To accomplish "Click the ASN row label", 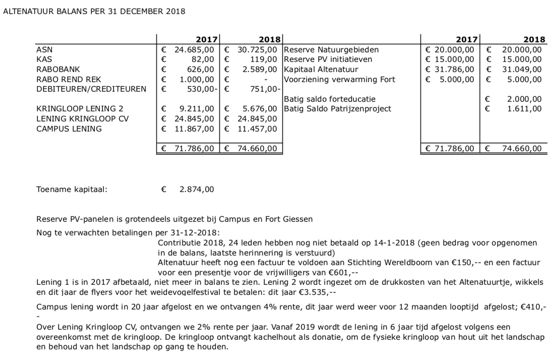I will [x=44, y=50].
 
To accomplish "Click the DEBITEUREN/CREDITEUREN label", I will [x=91, y=89].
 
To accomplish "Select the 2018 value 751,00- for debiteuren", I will [x=263, y=89].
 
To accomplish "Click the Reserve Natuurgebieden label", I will [x=331, y=50].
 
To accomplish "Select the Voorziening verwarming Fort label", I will [x=340, y=79].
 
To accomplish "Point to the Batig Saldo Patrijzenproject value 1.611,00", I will [x=526, y=108].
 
